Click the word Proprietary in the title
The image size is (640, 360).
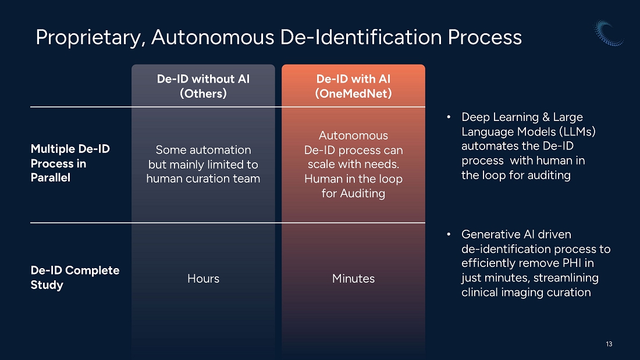click(x=90, y=38)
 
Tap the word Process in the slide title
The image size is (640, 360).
click(x=485, y=37)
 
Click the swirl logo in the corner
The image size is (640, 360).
click(x=609, y=33)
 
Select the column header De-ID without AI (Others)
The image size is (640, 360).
click(x=203, y=86)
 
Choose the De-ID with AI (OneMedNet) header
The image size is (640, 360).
click(x=354, y=86)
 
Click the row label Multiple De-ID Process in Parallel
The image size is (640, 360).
click(x=70, y=163)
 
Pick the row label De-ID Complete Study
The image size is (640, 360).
click(x=75, y=277)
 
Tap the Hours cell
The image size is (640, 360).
click(x=203, y=279)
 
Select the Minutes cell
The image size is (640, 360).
click(x=354, y=279)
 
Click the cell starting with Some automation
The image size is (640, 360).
click(x=203, y=164)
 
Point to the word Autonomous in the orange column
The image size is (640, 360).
click(x=354, y=135)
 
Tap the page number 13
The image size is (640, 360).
click(x=609, y=344)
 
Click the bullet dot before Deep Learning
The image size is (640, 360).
click(x=449, y=117)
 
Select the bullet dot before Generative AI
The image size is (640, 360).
click(x=449, y=234)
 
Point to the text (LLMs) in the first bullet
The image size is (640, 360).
click(x=578, y=132)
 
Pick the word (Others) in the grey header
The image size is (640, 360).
click(x=203, y=94)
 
